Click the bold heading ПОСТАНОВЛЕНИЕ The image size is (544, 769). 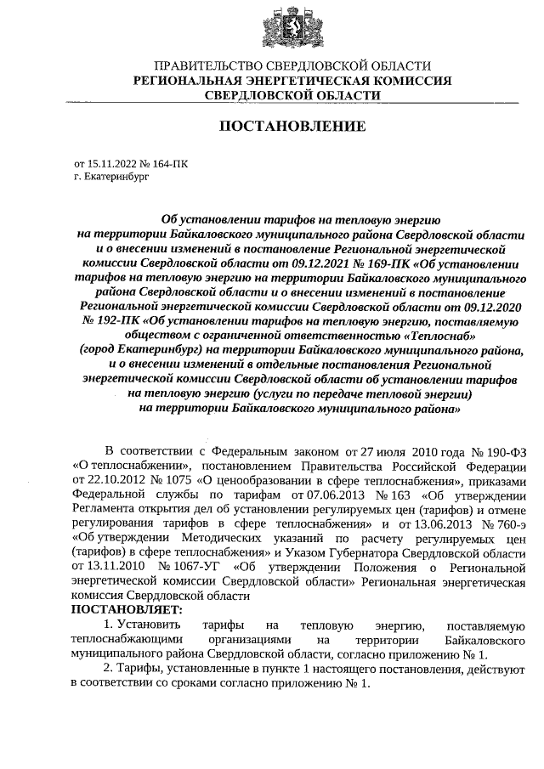coord(292,127)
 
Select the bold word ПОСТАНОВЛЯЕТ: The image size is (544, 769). coord(127,608)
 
